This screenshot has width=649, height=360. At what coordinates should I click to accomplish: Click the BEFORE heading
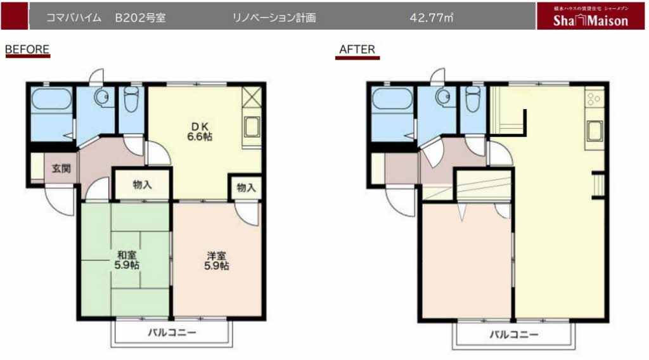27,49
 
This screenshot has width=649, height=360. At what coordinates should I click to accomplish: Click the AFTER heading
357,49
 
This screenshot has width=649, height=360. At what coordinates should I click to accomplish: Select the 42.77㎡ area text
431,18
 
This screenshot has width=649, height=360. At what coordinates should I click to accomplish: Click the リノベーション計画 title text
274,18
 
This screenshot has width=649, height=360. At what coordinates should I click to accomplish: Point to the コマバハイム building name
74,18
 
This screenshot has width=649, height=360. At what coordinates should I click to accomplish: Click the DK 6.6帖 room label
199,131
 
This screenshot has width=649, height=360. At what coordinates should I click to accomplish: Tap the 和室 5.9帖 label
127,260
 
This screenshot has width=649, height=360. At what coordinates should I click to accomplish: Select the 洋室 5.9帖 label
217,260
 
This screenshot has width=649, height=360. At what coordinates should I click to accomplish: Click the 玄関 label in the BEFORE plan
62,169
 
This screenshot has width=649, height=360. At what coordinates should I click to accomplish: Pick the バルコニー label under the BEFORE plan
172,333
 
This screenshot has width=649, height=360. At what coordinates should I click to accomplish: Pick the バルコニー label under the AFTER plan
514,334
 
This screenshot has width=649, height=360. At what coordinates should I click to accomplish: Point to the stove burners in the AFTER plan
594,100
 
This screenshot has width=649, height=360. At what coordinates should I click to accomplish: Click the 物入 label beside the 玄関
142,185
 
